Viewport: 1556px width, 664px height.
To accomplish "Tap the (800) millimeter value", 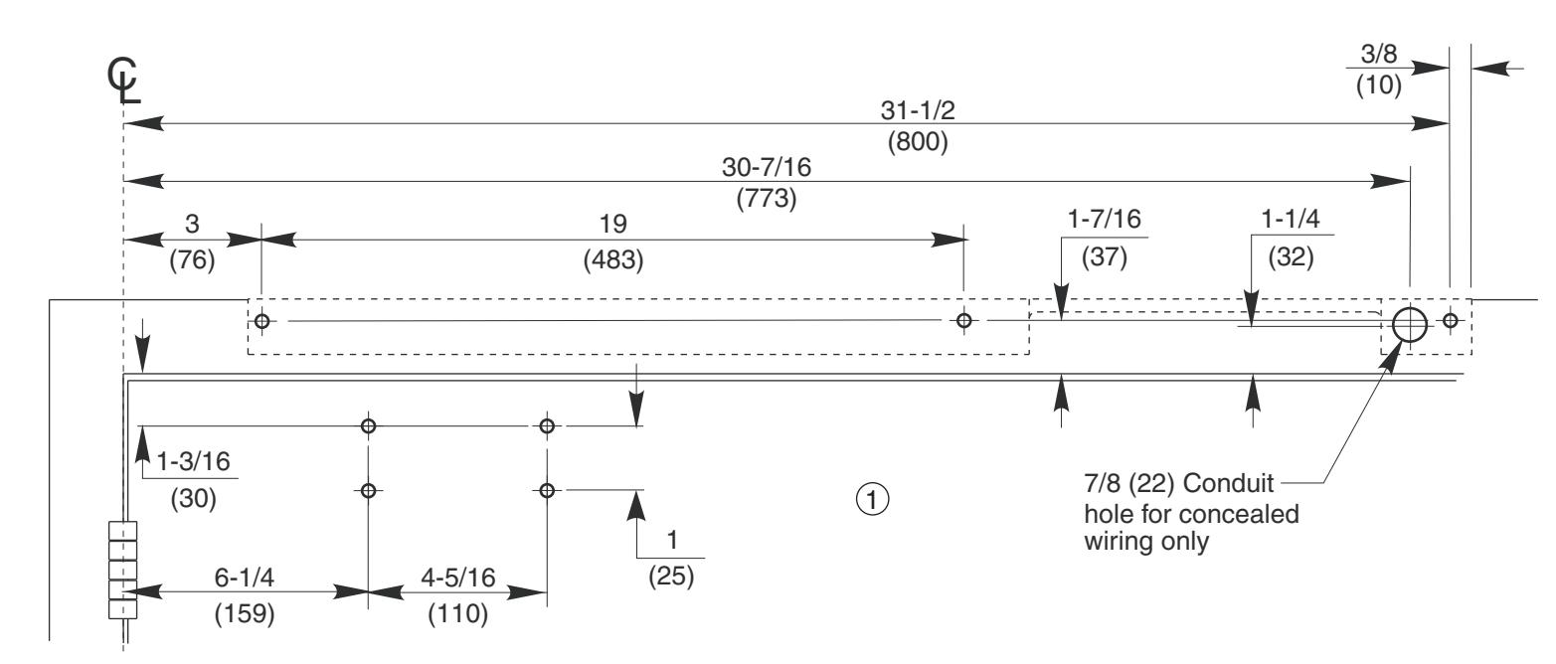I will click(918, 142).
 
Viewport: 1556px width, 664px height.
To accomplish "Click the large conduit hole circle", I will click(1409, 322).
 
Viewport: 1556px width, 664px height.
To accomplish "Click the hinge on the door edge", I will click(122, 571).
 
